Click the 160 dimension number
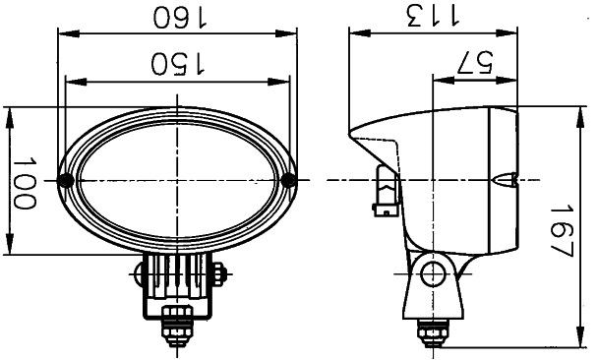pyautogui.click(x=180, y=17)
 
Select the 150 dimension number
pyautogui.click(x=177, y=63)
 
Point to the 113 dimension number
pyautogui.click(x=434, y=16)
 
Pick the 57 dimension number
pyautogui.click(x=475, y=62)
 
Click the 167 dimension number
pyautogui.click(x=563, y=231)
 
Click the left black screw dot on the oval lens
pyautogui.click(x=66, y=180)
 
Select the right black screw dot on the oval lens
pyautogui.click(x=289, y=180)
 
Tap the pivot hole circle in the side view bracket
pyautogui.click(x=433, y=274)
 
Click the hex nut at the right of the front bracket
pyautogui.click(x=220, y=274)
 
